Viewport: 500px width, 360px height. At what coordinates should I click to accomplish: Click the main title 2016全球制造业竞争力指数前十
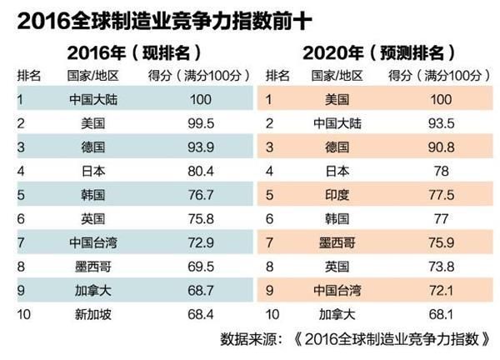163,17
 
